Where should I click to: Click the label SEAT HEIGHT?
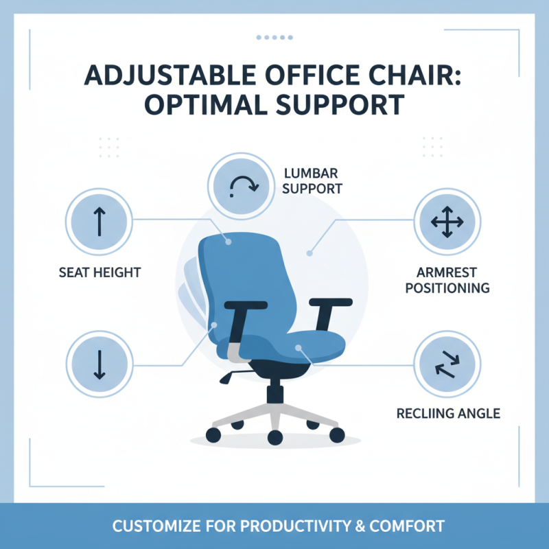pos(100,272)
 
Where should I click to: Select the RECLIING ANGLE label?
pos(448,413)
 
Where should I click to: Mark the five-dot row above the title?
pos(274,38)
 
